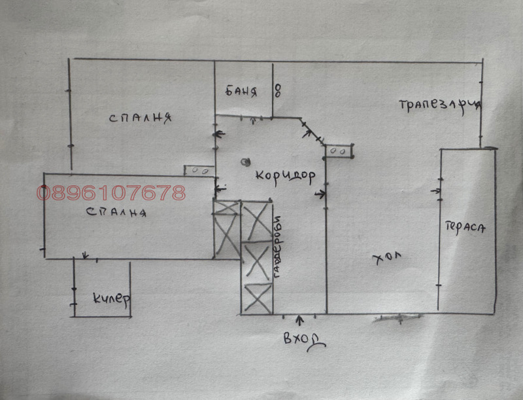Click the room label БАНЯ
click(241, 91)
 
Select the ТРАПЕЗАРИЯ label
click(440, 106)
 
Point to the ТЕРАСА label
click(465, 228)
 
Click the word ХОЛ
click(387, 257)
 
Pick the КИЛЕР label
click(111, 298)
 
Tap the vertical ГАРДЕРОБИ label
click(277, 247)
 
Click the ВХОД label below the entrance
click(304, 340)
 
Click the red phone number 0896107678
click(111, 192)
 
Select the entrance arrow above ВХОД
click(300, 320)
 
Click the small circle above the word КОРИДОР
click(246, 162)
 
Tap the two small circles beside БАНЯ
click(277, 90)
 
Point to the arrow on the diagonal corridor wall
click(307, 134)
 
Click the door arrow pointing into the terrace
click(435, 191)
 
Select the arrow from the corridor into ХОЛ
click(320, 194)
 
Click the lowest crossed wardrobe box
click(257, 298)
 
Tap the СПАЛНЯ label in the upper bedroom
click(141, 118)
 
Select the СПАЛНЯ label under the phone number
click(116, 212)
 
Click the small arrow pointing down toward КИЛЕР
click(86, 255)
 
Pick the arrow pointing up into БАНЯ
click(253, 120)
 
